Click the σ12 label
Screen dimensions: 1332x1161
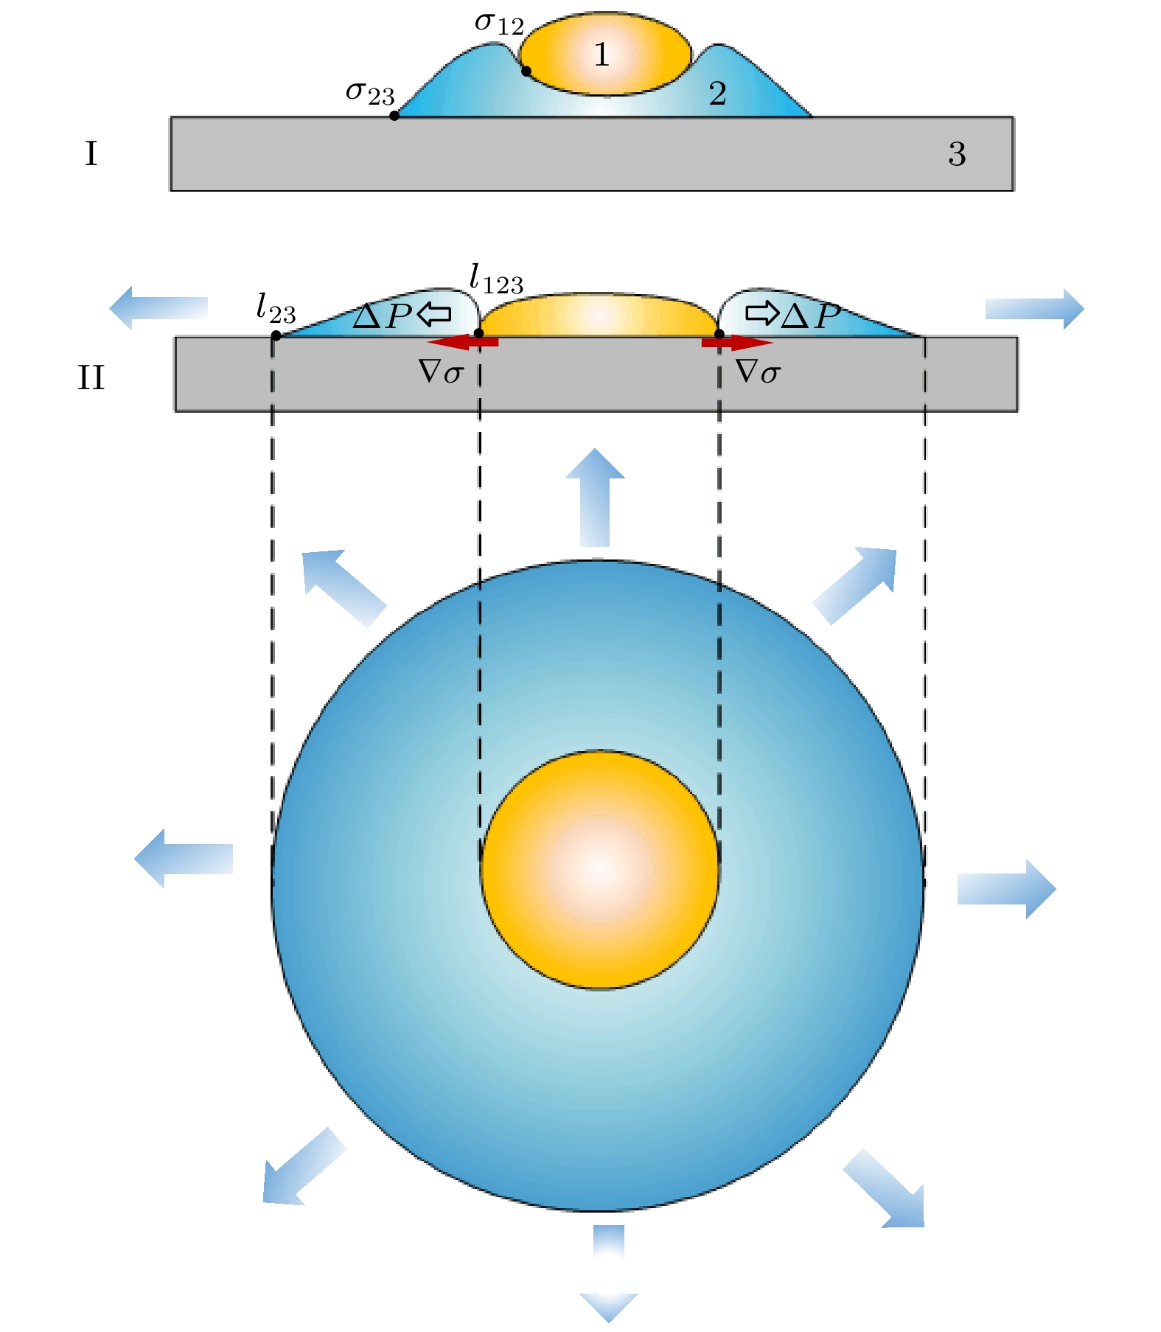tap(499, 23)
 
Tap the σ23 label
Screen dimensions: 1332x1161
tap(370, 94)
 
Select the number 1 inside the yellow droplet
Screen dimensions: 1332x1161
tap(602, 55)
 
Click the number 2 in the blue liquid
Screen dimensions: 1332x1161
tap(717, 94)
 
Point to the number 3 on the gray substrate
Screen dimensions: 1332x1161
tap(957, 153)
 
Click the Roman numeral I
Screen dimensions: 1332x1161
tap(91, 154)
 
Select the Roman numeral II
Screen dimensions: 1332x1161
tap(91, 377)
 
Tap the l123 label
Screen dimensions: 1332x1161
tap(496, 280)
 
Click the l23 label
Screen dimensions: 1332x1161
tap(276, 308)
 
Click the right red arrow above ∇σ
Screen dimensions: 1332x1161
tap(737, 342)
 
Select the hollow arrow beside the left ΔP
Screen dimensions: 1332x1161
tap(434, 315)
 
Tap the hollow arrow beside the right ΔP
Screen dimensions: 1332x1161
tap(761, 313)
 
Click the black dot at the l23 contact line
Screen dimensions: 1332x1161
tap(276, 335)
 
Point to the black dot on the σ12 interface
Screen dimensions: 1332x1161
tap(526, 72)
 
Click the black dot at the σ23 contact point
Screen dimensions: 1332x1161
tap(394, 116)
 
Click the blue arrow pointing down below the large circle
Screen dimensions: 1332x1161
tap(609, 1272)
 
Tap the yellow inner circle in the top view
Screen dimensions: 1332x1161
tap(600, 870)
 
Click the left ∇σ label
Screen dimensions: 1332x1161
tap(441, 372)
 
